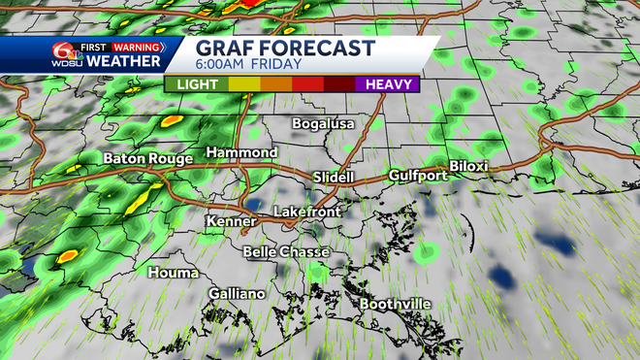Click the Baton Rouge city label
pos(148,158)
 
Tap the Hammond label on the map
pos(241,153)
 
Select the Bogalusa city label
pos(324,124)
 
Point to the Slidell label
pos(336,177)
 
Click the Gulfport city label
pos(418,176)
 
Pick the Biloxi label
pos(468,167)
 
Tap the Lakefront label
pos(306,212)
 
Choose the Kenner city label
pos(231,222)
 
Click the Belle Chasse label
pos(286,251)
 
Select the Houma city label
pos(174,273)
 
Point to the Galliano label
pos(237,293)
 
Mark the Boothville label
pos(396,305)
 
